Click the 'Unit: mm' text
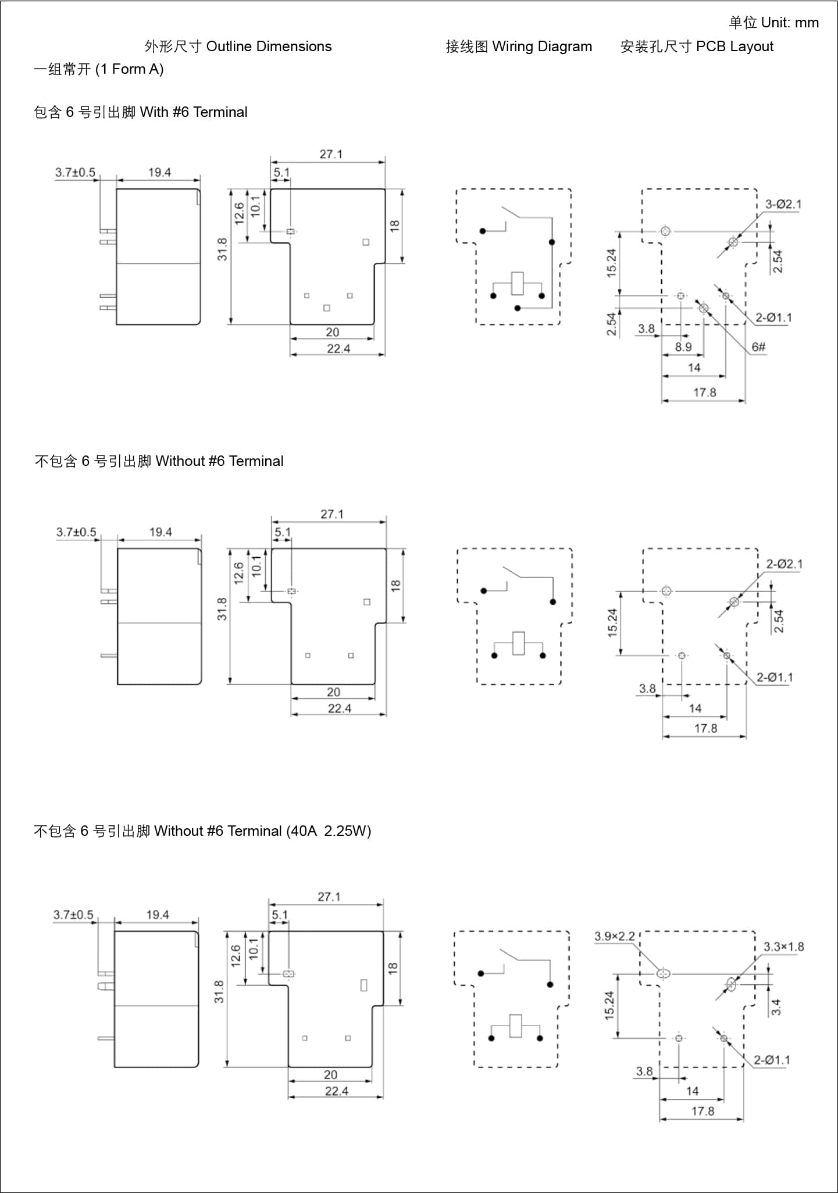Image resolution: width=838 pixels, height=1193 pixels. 789,23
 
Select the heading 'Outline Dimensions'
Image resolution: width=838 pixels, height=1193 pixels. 269,47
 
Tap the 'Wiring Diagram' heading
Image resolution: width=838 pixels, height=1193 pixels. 542,47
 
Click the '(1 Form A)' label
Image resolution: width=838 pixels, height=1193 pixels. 129,69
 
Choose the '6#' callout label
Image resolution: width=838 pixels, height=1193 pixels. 758,347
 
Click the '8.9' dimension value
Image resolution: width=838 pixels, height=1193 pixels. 683,347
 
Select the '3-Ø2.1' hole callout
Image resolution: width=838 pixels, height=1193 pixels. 783,204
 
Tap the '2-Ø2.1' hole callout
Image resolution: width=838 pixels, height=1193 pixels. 784,564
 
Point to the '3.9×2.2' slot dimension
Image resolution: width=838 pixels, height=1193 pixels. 614,936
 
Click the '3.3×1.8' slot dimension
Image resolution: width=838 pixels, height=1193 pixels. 783,947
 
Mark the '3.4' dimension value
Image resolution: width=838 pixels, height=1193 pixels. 776,1007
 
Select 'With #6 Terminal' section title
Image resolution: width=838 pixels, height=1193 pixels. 194,112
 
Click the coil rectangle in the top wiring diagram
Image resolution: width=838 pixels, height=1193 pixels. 518,283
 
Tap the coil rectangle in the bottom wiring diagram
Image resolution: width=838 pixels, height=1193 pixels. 515,1026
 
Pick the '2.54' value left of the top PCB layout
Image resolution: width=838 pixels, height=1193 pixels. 611,324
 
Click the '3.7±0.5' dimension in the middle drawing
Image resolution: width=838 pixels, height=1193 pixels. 76,532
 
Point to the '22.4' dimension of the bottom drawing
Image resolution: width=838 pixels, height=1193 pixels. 336,1091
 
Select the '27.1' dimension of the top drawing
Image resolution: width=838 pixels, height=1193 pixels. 331,154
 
